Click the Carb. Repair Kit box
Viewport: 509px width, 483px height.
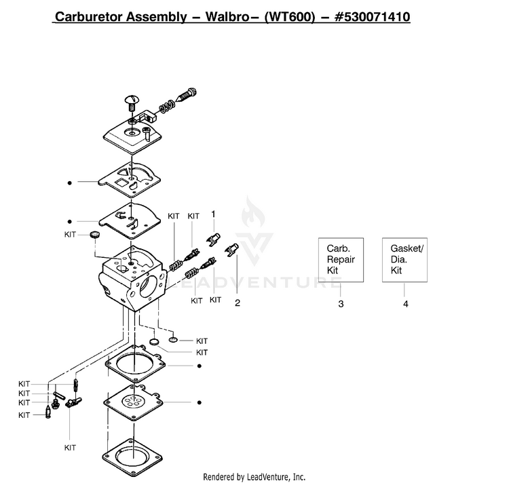click(x=341, y=260)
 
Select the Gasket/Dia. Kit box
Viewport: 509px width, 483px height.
click(x=404, y=260)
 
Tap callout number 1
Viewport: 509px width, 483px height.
click(x=213, y=214)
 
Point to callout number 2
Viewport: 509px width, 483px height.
click(x=238, y=303)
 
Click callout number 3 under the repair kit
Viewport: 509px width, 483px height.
click(x=341, y=304)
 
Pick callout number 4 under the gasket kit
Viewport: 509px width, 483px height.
click(x=405, y=304)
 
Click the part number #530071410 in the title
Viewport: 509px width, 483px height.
click(x=373, y=17)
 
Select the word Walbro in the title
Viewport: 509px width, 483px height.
click(x=227, y=17)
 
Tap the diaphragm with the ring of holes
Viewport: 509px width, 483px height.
click(x=132, y=402)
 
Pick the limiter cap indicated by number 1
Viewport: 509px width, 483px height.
click(x=214, y=239)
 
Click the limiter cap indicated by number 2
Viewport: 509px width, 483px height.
click(x=232, y=250)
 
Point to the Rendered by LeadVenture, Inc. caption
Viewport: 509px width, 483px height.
click(x=254, y=477)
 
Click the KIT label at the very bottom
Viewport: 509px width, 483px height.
click(x=70, y=448)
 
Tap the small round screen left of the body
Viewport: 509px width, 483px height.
click(x=95, y=235)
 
